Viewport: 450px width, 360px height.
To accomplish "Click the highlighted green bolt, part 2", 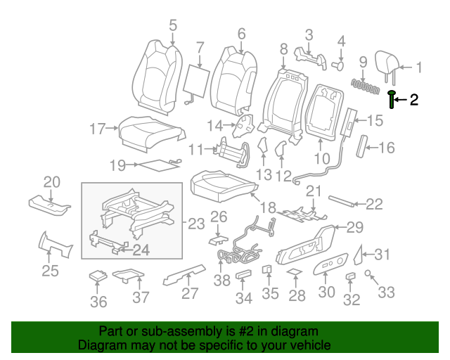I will pyautogui.click(x=392, y=100).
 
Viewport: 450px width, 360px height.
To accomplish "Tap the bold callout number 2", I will pyautogui.click(x=414, y=100).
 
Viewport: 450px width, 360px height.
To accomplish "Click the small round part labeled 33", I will pyautogui.click(x=368, y=273).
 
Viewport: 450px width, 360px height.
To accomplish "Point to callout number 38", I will pyautogui.click(x=222, y=281).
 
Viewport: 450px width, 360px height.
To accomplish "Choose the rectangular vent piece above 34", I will pyautogui.click(x=244, y=274).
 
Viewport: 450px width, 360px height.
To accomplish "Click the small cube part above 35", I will pyautogui.click(x=268, y=269).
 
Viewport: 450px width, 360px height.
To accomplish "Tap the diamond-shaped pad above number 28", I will pyautogui.click(x=294, y=272).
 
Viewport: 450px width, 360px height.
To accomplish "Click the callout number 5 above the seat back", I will pyautogui.click(x=172, y=26).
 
